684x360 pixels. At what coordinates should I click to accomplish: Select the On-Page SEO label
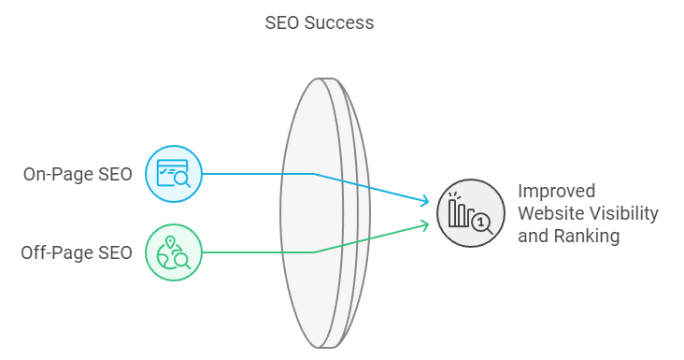click(78, 174)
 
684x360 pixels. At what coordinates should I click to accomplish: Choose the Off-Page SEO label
click(77, 252)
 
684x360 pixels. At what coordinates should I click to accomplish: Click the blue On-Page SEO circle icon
click(174, 174)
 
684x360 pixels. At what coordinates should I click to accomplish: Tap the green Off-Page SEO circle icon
click(174, 252)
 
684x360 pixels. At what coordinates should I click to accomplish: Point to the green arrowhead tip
click(429, 223)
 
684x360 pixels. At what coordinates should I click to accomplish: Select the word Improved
click(557, 191)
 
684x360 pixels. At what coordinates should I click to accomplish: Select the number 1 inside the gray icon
click(481, 223)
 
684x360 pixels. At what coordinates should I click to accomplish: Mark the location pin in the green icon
click(170, 243)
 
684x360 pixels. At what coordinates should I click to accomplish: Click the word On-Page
click(59, 174)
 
